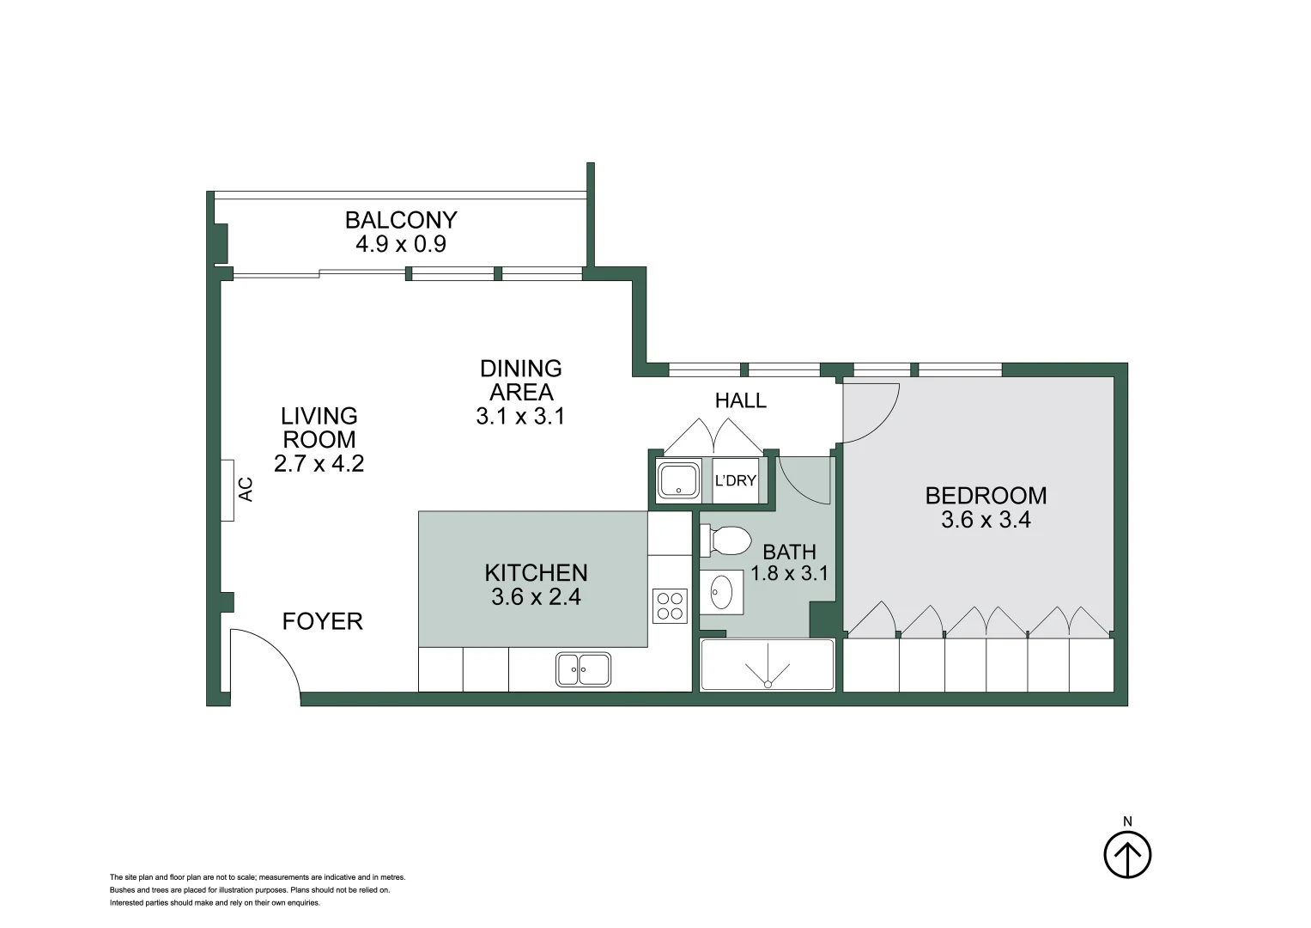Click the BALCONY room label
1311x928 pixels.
(x=401, y=220)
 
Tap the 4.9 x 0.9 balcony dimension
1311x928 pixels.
(x=401, y=244)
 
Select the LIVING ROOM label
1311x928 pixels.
(x=319, y=428)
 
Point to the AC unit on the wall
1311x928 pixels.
(x=228, y=490)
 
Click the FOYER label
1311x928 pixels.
(x=322, y=621)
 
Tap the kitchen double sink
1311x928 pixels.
(x=583, y=669)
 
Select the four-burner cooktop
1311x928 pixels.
(x=670, y=605)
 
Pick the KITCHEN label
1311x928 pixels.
(x=536, y=573)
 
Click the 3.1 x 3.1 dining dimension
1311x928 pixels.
(x=520, y=417)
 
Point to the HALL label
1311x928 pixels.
(x=740, y=400)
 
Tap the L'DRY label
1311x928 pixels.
(x=735, y=481)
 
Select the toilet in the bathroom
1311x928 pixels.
(x=726, y=541)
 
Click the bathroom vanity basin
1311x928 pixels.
(x=721, y=592)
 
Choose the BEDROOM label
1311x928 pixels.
(x=986, y=496)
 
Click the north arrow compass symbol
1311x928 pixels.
(x=1126, y=855)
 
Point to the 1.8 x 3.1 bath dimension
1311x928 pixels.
(x=789, y=573)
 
